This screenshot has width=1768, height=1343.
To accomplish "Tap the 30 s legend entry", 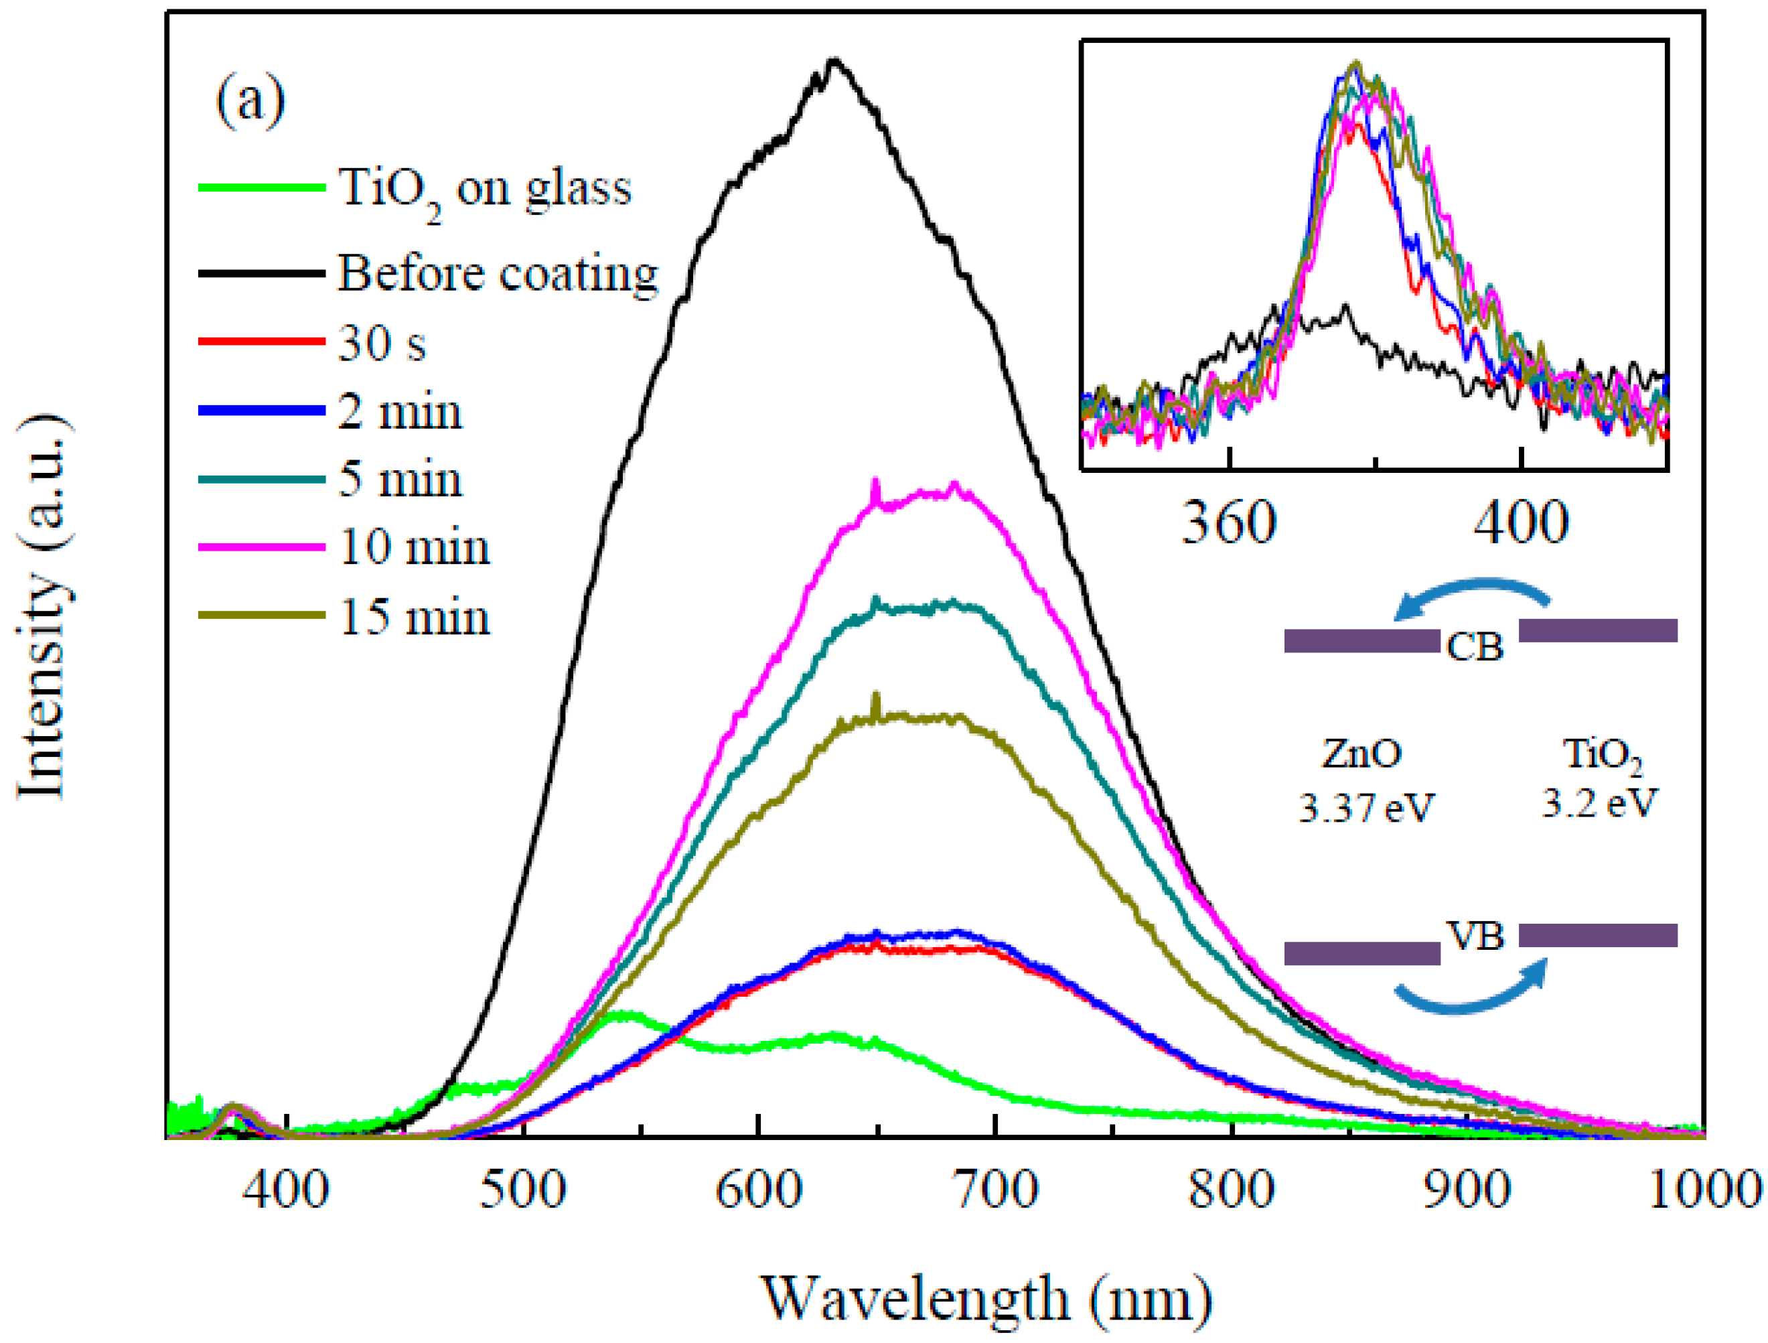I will click(x=382, y=344).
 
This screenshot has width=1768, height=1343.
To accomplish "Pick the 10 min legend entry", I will click(x=414, y=549).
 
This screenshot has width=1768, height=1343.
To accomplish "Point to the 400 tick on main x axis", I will click(x=286, y=1190).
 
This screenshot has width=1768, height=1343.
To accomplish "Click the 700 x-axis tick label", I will click(x=995, y=1190).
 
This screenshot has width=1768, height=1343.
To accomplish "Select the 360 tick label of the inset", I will click(x=1228, y=524).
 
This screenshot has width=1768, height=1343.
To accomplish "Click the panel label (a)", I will click(x=250, y=102).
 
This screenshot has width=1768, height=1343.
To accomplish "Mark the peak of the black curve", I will click(x=834, y=60).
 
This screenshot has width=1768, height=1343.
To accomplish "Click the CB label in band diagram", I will click(x=1475, y=647).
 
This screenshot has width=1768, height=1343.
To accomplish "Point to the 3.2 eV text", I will click(x=1599, y=803).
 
